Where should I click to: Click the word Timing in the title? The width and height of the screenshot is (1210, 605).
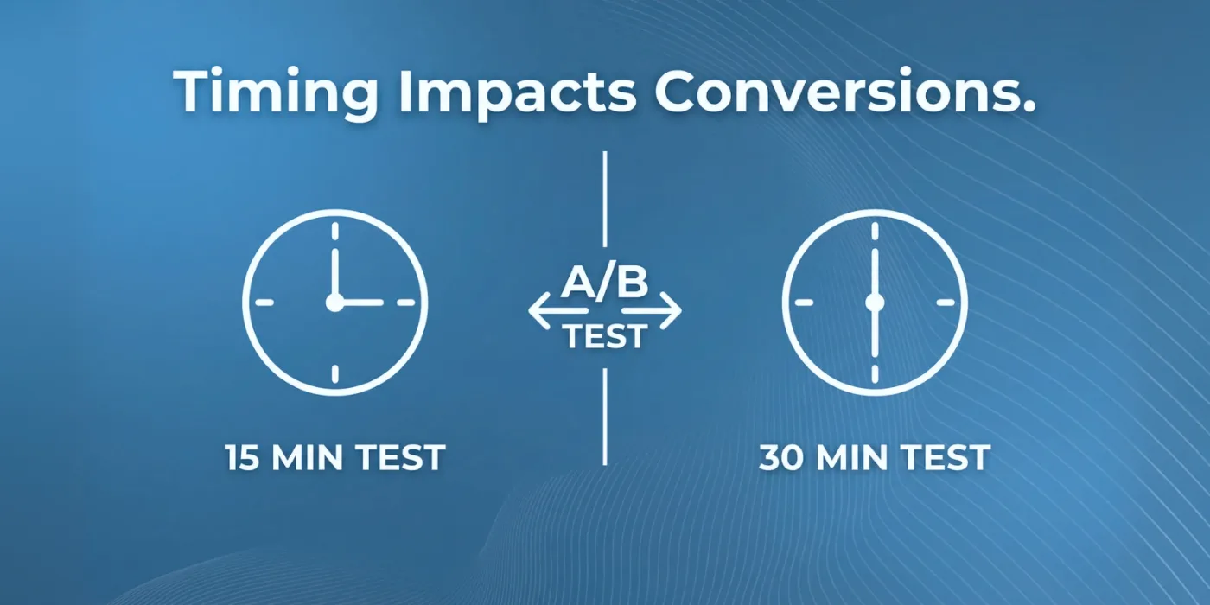click(276, 92)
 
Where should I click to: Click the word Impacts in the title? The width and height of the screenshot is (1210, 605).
click(518, 92)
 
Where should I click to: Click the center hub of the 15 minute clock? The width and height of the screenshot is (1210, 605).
click(335, 302)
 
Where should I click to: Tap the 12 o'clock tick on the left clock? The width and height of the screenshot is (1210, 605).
click(335, 231)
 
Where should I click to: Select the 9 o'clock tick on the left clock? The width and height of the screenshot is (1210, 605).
click(264, 302)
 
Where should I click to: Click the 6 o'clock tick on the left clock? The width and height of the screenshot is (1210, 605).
click(335, 373)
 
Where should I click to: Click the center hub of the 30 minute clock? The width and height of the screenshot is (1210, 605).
click(875, 302)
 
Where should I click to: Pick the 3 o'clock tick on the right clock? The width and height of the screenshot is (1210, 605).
click(946, 302)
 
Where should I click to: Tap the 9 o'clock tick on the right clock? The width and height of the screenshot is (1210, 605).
click(804, 302)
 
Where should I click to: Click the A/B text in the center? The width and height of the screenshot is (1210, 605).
click(604, 282)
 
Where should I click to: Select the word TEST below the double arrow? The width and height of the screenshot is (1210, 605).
click(605, 336)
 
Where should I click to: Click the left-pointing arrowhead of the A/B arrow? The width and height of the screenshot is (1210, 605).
click(539, 310)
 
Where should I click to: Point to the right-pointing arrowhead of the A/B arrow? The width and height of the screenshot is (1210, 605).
click(671, 310)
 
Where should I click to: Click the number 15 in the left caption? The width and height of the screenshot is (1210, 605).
click(241, 457)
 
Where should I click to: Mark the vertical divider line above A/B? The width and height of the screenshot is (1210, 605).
click(604, 199)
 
